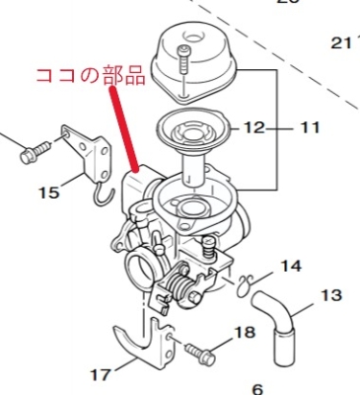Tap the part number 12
pyautogui.click(x=253, y=127)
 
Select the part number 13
pyautogui.click(x=330, y=295)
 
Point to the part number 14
pyautogui.click(x=291, y=266)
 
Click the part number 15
pyautogui.click(x=49, y=193)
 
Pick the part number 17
pyautogui.click(x=101, y=374)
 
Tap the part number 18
pyautogui.click(x=245, y=332)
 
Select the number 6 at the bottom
pyautogui.click(x=258, y=389)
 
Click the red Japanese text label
pyautogui.click(x=91, y=75)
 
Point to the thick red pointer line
pyautogui.click(x=124, y=129)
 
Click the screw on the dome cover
pyautogui.click(x=183, y=62)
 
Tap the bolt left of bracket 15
pyautogui.click(x=35, y=152)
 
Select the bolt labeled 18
pyautogui.click(x=200, y=353)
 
